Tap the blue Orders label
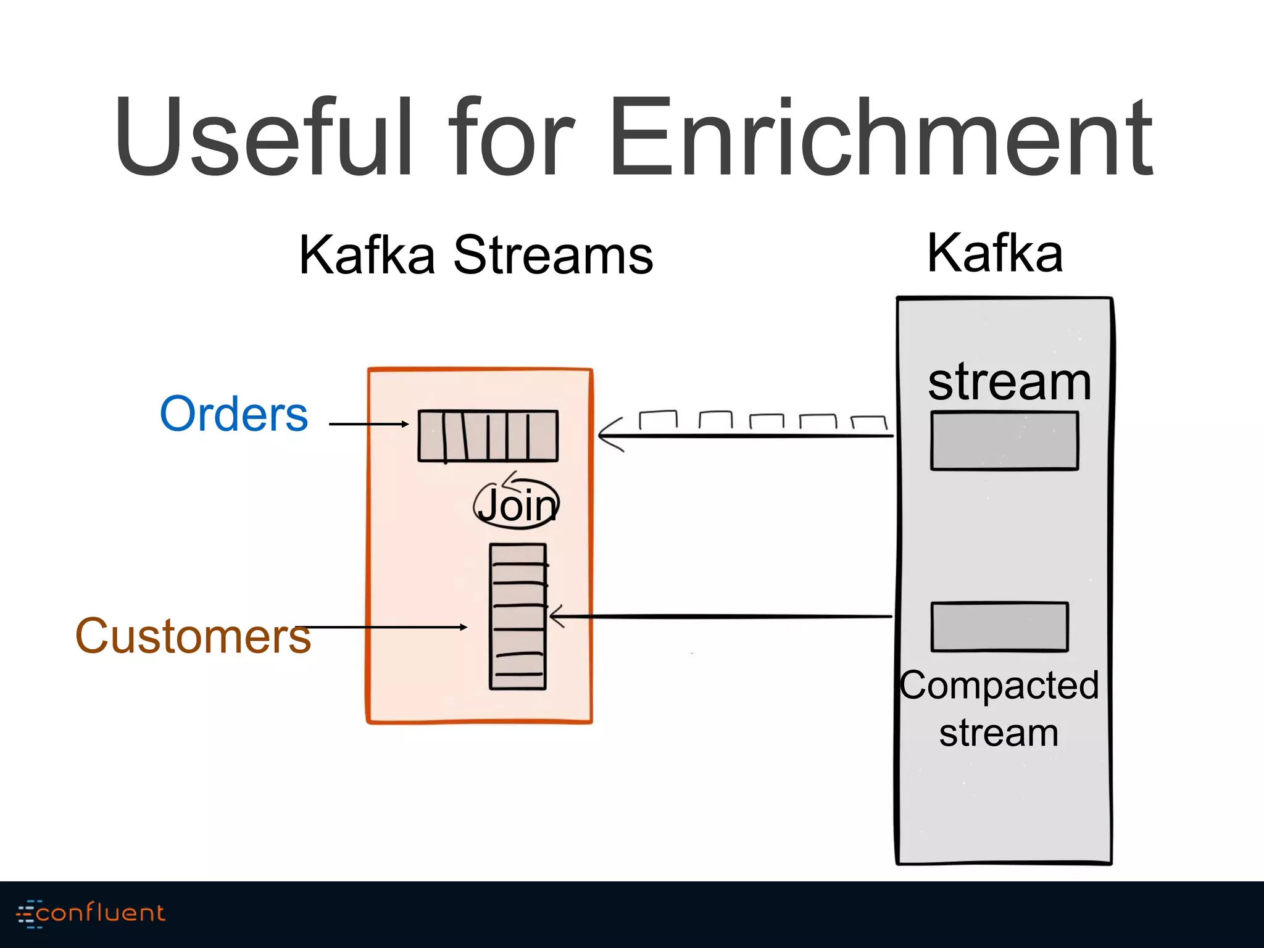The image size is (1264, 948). point(233,414)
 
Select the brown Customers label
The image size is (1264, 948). point(193,636)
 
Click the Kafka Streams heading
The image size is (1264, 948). point(476,255)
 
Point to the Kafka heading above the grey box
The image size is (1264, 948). point(995,253)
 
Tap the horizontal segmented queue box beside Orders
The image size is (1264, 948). point(488,436)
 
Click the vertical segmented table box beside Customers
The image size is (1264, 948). point(518,617)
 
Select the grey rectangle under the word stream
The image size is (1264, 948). point(1004,441)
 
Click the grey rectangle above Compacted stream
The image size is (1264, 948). point(999,626)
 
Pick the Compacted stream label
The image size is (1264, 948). point(999,709)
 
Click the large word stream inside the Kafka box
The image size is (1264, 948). point(1010,382)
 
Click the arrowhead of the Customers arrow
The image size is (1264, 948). point(464,627)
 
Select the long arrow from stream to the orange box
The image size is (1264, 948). point(747,436)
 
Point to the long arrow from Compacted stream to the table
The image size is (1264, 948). point(722,616)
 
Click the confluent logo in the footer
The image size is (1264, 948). point(91,913)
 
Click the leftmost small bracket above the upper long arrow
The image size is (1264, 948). point(658,419)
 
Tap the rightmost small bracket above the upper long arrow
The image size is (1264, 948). point(869,423)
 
